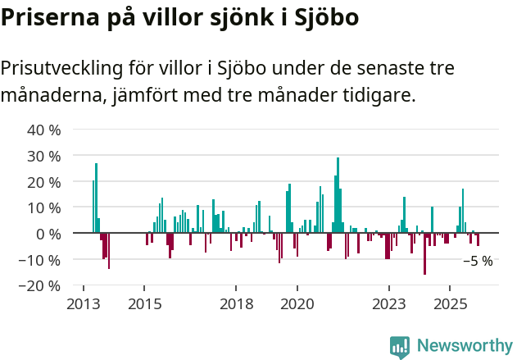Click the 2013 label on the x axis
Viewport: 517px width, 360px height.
83,303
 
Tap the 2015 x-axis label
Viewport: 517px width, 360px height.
144,303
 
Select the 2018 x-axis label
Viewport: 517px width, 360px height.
236,303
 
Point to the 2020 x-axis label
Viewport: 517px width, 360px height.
297,303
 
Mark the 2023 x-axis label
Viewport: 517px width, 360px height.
388,303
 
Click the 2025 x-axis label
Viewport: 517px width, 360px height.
450,303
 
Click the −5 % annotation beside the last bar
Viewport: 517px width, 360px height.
478,261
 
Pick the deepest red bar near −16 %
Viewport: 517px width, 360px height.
424,253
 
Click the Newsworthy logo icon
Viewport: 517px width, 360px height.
400,347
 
